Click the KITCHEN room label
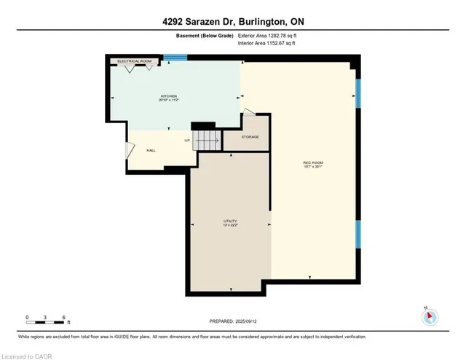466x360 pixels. pos(170,97)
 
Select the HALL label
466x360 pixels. pos(151,150)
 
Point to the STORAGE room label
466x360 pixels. pos(250,137)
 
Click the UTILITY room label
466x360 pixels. pos(230,222)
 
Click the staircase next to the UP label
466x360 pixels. pos(207,138)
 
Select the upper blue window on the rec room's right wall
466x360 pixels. pos(358,93)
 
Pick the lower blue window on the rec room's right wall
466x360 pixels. pos(358,235)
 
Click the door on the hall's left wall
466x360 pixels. pos(130,151)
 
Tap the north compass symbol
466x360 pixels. pos(429,316)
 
